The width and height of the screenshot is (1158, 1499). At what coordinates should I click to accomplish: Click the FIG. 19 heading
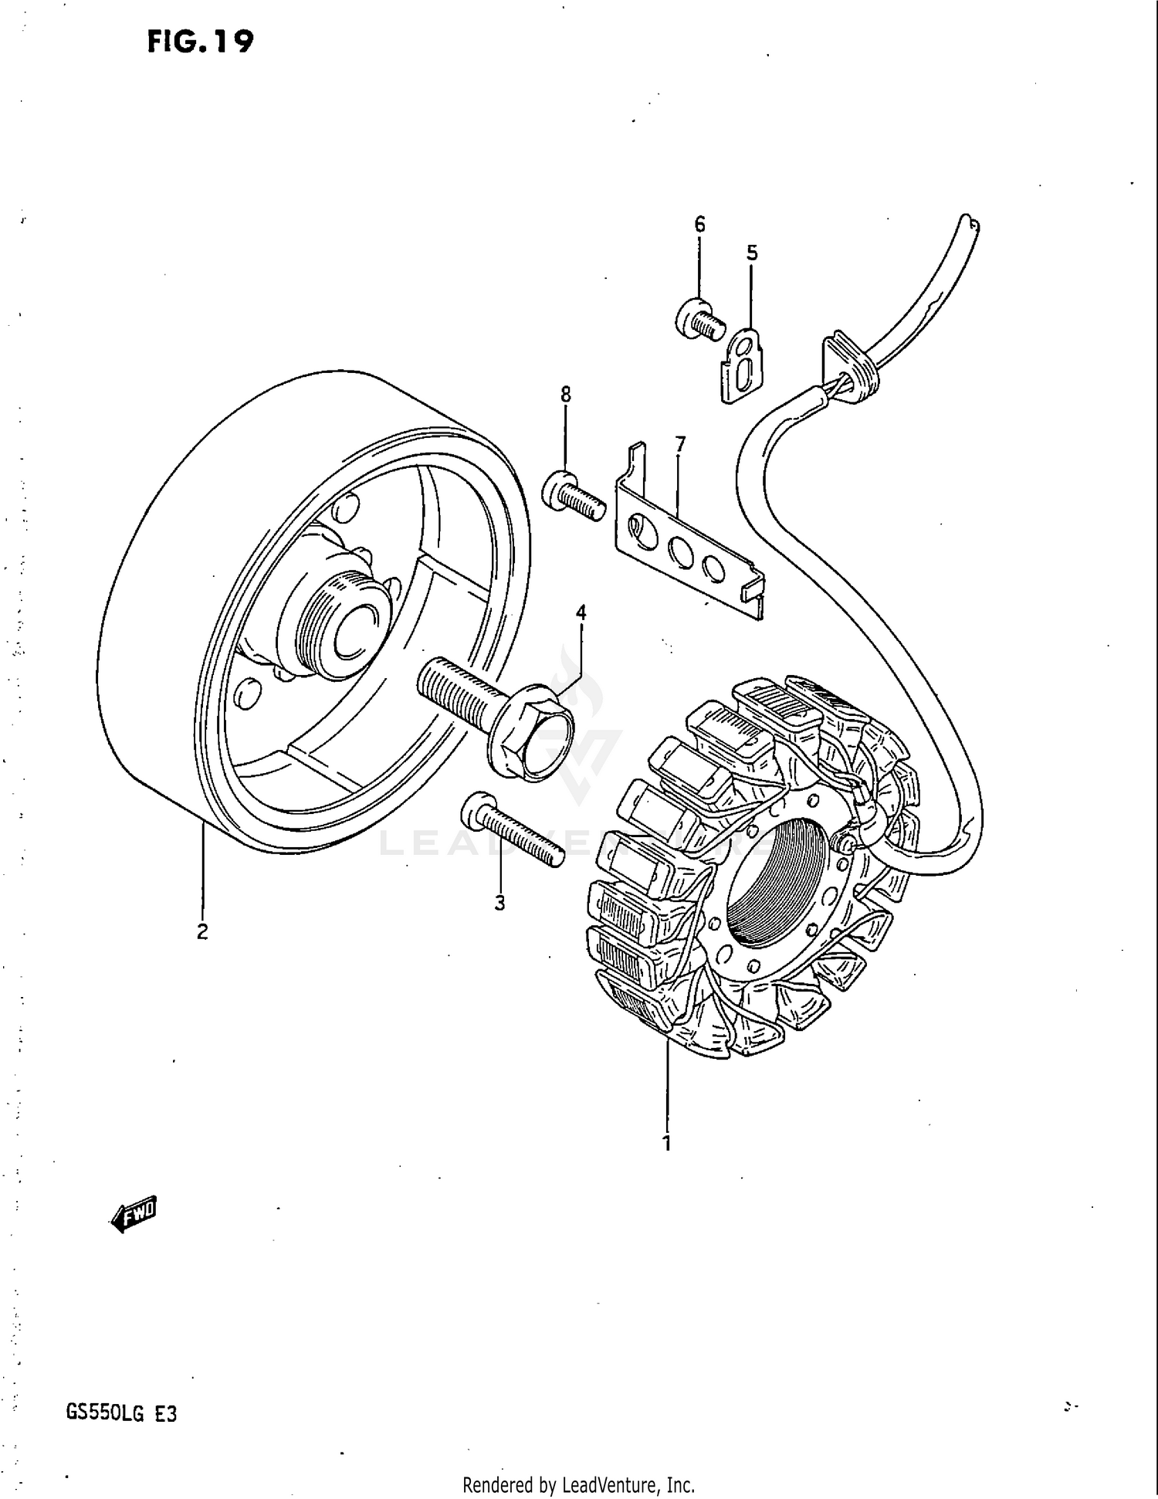(200, 41)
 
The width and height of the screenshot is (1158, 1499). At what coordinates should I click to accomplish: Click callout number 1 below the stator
(667, 1143)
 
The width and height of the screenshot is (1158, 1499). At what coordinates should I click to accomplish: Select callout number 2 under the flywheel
(202, 932)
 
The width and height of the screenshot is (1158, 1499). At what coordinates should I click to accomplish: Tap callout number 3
(499, 902)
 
